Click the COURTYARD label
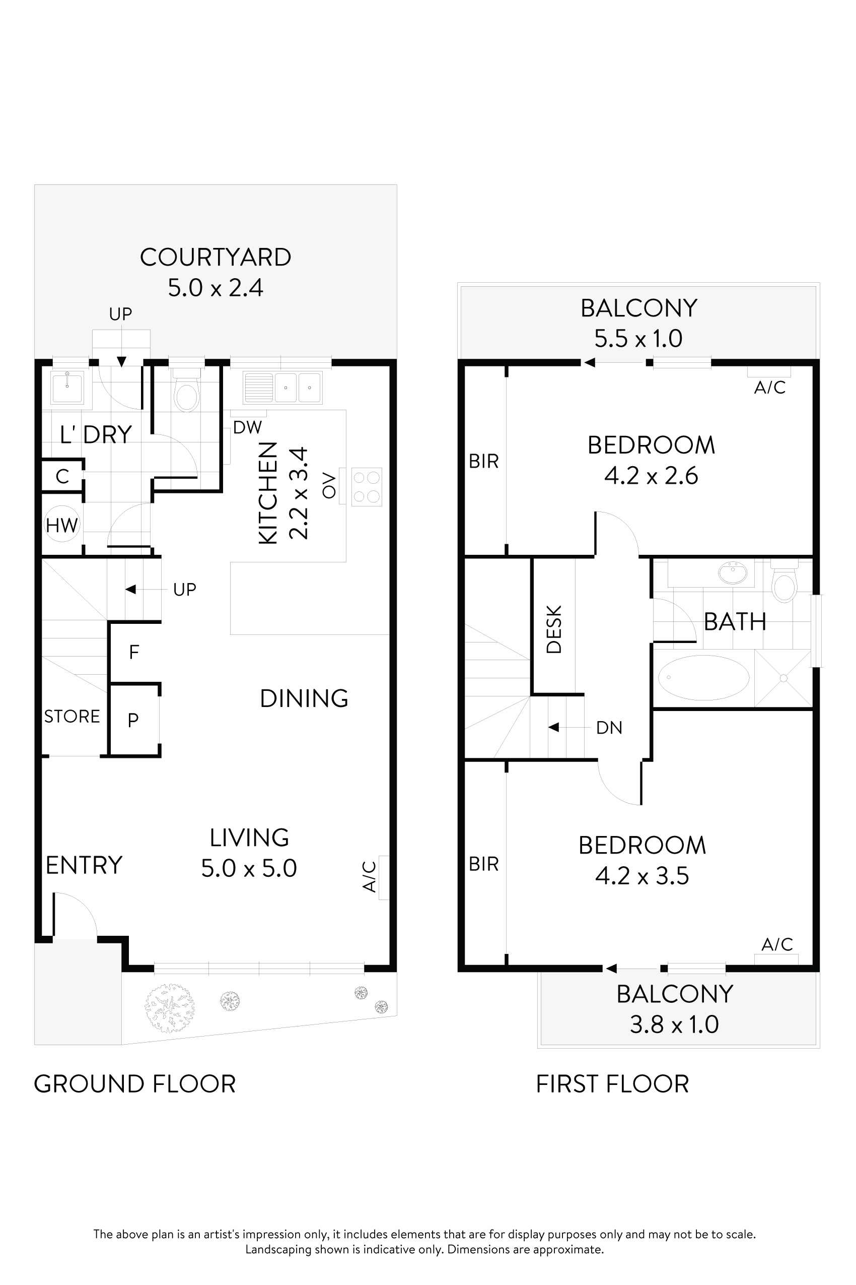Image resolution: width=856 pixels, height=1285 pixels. (215, 258)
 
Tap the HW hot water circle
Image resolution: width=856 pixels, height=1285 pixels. (62, 525)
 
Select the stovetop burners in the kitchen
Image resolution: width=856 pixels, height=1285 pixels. (366, 486)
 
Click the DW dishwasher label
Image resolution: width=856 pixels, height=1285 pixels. (247, 427)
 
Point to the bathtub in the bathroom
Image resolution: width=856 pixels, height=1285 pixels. (703, 677)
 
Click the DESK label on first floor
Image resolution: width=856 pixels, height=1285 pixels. (553, 629)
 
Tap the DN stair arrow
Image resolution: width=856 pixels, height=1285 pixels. (553, 727)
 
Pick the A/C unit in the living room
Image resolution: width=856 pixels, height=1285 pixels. (384, 877)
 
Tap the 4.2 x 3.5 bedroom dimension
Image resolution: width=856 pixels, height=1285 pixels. (642, 876)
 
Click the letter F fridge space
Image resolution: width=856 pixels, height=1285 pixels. (134, 652)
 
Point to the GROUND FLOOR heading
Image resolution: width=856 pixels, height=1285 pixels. (135, 1084)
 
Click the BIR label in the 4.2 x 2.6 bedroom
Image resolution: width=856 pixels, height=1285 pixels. (484, 462)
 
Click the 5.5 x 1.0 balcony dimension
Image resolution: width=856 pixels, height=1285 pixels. (638, 339)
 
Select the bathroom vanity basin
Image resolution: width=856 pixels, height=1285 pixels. (733, 573)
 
